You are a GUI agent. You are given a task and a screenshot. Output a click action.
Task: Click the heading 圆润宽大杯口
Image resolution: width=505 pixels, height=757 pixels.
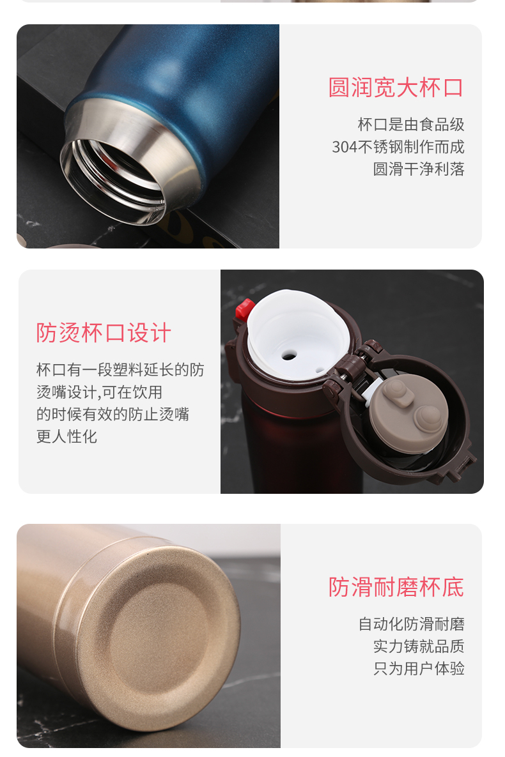click(x=396, y=88)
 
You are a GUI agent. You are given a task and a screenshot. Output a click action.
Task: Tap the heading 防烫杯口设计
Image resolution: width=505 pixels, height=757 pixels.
click(x=104, y=333)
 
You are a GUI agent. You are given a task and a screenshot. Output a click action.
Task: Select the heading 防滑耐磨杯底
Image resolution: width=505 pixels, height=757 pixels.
click(x=396, y=587)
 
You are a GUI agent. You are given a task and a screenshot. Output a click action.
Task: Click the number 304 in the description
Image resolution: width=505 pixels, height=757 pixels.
click(x=344, y=147)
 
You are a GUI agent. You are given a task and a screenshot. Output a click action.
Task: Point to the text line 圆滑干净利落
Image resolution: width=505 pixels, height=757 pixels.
click(x=419, y=169)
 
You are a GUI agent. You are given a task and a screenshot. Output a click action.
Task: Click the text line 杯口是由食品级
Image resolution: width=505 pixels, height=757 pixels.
click(x=411, y=125)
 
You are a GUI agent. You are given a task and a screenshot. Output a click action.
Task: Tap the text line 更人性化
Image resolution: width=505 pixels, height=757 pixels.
click(x=66, y=436)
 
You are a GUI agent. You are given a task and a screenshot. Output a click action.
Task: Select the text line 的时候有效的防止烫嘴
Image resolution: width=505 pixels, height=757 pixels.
click(x=113, y=414)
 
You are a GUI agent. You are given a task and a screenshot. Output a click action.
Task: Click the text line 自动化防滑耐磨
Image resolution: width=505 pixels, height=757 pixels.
click(x=411, y=623)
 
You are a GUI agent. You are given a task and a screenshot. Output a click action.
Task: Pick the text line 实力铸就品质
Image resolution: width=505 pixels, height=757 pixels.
click(x=419, y=646)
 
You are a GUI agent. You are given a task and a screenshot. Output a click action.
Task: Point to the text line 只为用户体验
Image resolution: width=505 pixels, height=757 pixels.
click(x=419, y=668)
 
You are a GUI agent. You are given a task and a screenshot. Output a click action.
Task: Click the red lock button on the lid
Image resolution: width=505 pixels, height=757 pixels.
click(x=245, y=309)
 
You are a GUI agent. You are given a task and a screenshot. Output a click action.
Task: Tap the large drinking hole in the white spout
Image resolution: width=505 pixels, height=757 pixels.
click(x=289, y=356)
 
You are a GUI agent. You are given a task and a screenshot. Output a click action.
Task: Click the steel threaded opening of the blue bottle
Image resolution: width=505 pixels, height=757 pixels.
click(x=114, y=181)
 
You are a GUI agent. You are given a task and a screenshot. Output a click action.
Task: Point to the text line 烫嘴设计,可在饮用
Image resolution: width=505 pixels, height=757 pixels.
click(x=100, y=392)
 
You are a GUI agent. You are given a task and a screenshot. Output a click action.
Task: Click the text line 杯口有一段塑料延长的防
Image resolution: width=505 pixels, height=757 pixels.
click(x=120, y=370)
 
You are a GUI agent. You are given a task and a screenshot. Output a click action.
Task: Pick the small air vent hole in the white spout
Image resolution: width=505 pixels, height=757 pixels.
click(x=320, y=371)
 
